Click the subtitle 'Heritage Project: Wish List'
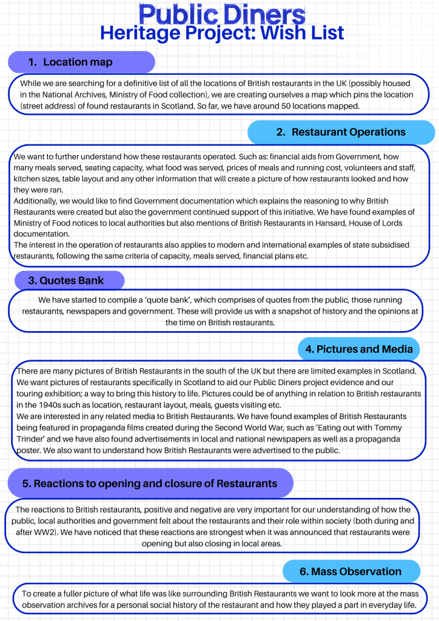coord(222,33)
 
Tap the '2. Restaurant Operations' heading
coord(340,132)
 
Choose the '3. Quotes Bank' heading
coord(67,280)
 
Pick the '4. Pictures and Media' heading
coord(359,349)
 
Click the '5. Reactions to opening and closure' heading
coord(149,483)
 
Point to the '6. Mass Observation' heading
coord(350,571)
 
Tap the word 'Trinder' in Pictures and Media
coord(34,439)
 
